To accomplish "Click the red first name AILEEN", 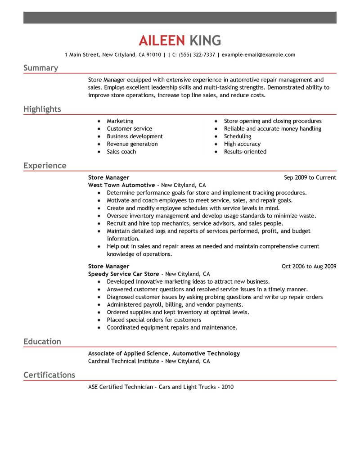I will tap(162, 41).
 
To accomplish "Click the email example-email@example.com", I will tap(258, 55).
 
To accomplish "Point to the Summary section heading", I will tap(40, 68).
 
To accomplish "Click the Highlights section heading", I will tap(42, 109).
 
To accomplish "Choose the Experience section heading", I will tap(45, 166).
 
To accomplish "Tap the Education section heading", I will tap(42, 341).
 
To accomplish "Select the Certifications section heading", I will tap(49, 375).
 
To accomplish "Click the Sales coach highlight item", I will tap(121, 152).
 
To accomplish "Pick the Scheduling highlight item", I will tap(238, 136).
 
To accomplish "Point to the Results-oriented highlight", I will tap(245, 152).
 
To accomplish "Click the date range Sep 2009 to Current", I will tap(310, 178).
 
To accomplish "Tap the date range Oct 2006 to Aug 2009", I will tap(309, 267).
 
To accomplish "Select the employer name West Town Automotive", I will tap(121, 185).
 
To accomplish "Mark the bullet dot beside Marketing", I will tap(98, 122).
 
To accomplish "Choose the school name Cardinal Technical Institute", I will tap(123, 361).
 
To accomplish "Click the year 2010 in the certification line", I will tap(227, 387).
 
